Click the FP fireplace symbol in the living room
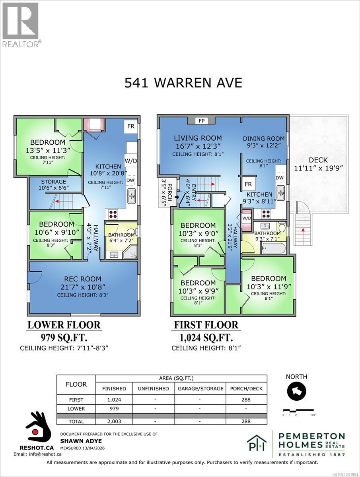[202, 120]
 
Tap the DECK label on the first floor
[318, 160]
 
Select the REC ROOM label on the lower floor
[82, 279]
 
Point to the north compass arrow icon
[297, 392]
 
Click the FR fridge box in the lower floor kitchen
[130, 127]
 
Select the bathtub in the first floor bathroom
[273, 249]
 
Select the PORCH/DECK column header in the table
[246, 388]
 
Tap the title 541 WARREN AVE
[183, 83]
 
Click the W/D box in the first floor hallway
[246, 218]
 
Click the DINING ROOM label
[264, 139]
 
